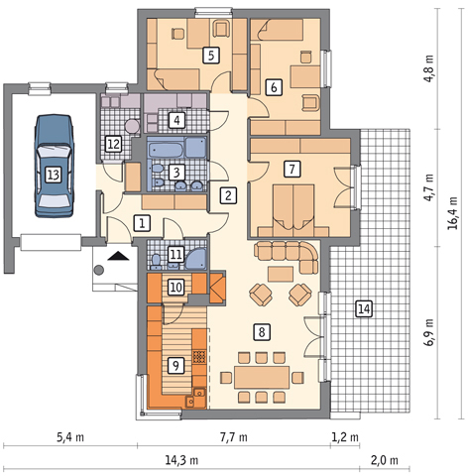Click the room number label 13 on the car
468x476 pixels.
[x=54, y=175]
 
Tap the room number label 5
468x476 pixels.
[x=211, y=56]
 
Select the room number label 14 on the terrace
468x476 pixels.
[x=364, y=309]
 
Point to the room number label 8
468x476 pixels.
[x=262, y=332]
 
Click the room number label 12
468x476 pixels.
[x=113, y=145]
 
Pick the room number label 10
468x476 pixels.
[x=176, y=288]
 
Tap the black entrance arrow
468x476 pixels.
[x=118, y=256]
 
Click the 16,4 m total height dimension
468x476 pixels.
[x=452, y=213]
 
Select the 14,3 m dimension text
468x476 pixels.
[x=181, y=460]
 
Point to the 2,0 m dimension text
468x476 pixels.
[x=385, y=460]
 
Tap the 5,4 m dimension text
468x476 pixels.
[x=70, y=437]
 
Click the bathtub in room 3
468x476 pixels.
[x=166, y=150]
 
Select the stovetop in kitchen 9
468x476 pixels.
[x=199, y=356]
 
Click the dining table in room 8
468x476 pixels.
[x=262, y=377]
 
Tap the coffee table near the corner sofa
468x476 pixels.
[x=281, y=274]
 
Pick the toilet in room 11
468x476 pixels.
[x=156, y=261]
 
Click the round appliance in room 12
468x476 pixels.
[x=132, y=126]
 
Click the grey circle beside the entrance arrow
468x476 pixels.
[x=98, y=270]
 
